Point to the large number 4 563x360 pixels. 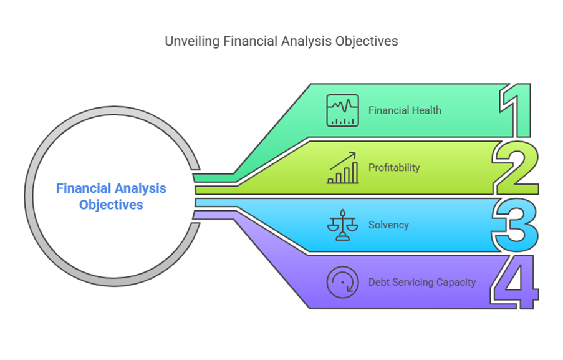(x=514, y=282)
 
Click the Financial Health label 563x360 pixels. (x=405, y=110)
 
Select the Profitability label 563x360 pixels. (x=394, y=167)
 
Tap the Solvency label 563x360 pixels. (x=388, y=225)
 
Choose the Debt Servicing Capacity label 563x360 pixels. (x=422, y=282)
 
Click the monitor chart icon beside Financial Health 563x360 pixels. (x=342, y=110)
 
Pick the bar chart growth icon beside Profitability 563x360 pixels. (x=342, y=168)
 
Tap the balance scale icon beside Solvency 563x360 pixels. (x=342, y=225)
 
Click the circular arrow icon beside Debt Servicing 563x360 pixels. (x=342, y=283)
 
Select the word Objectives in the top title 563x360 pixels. (x=367, y=41)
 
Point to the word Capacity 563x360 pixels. (x=456, y=282)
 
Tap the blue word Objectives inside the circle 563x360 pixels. (x=111, y=204)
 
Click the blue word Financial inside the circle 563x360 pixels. (x=83, y=188)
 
